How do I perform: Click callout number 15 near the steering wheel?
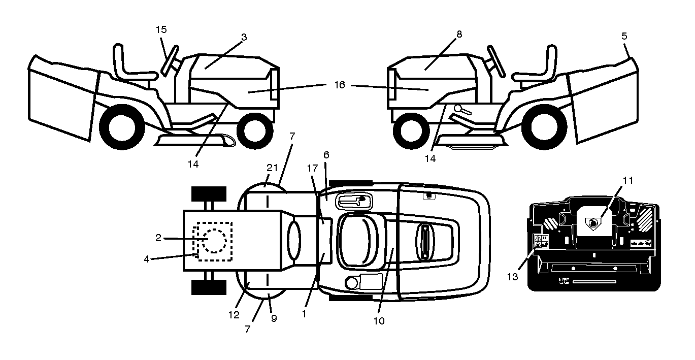[161, 29]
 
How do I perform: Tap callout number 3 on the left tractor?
[244, 37]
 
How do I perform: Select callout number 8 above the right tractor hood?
[459, 34]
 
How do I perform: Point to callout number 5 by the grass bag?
[624, 36]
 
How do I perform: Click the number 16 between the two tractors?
[340, 85]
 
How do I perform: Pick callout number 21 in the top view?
[272, 168]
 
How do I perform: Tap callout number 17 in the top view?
[312, 168]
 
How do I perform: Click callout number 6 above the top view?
[326, 155]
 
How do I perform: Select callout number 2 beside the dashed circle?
[158, 238]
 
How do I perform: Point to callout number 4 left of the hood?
[147, 259]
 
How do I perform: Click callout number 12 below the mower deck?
[234, 315]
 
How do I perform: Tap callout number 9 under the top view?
[274, 318]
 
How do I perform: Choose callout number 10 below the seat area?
[379, 321]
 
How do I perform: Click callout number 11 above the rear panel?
[628, 180]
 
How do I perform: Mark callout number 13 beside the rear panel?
[513, 277]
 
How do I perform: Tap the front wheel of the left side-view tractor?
[255, 131]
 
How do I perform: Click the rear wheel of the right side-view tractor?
[544, 127]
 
